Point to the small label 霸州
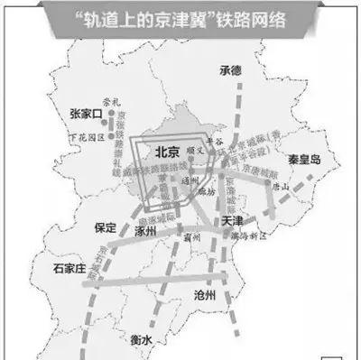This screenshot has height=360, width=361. [x=191, y=237]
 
